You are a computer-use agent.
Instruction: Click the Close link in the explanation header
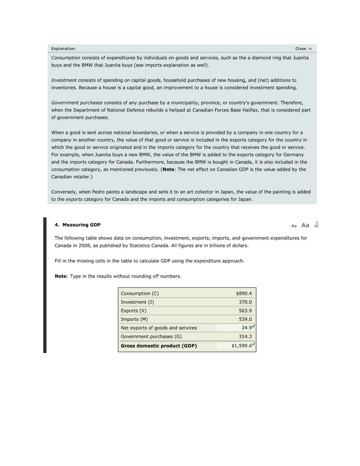(303, 49)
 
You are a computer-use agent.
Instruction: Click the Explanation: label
(63, 49)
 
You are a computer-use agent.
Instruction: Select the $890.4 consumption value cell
(243, 293)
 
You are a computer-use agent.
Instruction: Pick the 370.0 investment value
(245, 302)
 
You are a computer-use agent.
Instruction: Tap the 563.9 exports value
(245, 311)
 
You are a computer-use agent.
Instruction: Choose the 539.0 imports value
(245, 319)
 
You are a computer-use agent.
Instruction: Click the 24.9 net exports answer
(246, 328)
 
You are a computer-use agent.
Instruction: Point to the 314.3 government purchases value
(245, 337)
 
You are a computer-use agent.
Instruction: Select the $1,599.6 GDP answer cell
(242, 346)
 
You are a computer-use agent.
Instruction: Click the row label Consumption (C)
(140, 293)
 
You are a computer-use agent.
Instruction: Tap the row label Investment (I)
(137, 302)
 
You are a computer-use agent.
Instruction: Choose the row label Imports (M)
(135, 319)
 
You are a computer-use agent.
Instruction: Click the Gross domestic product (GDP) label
(158, 346)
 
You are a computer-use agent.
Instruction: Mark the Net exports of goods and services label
(158, 328)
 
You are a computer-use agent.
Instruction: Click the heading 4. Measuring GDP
(78, 225)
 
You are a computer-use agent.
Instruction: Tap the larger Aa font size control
(305, 225)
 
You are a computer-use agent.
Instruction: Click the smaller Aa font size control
(294, 226)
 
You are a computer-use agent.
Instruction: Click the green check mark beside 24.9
(254, 326)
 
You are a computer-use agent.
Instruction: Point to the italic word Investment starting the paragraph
(64, 80)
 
